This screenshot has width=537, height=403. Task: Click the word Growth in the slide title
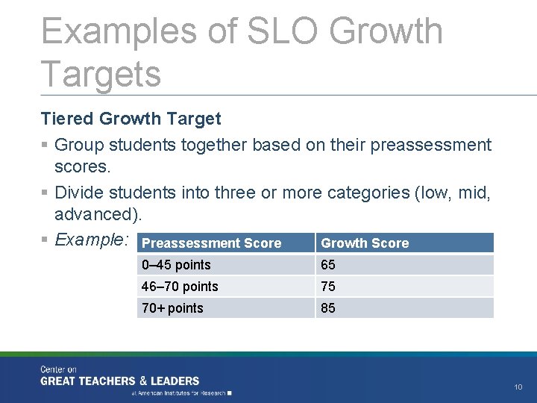click(386, 31)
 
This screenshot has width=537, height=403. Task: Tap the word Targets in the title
click(101, 74)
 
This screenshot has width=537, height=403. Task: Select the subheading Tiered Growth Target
click(131, 119)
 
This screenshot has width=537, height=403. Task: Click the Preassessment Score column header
click(211, 243)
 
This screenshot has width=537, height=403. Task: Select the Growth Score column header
click(365, 243)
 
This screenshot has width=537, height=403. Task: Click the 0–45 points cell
click(176, 265)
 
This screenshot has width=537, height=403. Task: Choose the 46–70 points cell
click(180, 287)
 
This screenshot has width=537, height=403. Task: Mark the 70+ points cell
click(172, 308)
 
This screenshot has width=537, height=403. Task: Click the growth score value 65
click(328, 265)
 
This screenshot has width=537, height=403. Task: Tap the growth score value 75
click(328, 287)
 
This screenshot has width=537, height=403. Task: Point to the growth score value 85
click(328, 308)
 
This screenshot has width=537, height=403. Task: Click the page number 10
click(518, 387)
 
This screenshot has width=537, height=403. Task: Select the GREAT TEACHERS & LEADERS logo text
click(120, 381)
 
